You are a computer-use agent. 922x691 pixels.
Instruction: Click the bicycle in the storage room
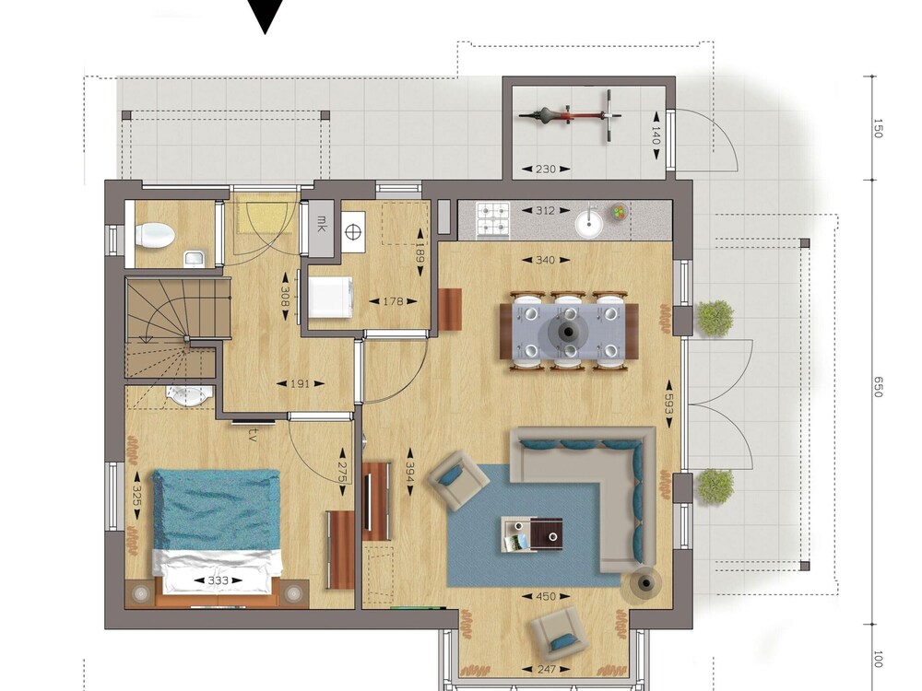pos(571,115)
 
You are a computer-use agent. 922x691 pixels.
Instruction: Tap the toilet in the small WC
pos(155,235)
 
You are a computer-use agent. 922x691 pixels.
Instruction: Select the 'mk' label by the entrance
pos(322,223)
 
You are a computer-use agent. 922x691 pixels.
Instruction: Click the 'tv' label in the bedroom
pos(254,434)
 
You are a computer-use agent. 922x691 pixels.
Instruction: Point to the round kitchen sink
pos(588,224)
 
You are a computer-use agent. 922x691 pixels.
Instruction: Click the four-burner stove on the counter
pos(492,220)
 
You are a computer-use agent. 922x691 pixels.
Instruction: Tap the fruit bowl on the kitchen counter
pos(620,212)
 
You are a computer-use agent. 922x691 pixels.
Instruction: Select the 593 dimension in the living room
pos(668,404)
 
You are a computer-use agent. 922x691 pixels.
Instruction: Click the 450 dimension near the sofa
pos(546,596)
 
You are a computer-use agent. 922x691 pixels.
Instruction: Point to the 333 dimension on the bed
pos(218,580)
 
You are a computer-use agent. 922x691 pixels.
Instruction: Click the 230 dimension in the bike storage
pos(546,169)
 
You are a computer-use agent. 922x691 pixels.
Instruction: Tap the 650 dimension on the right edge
pos(878,387)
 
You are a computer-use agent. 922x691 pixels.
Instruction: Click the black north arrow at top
pos(266,17)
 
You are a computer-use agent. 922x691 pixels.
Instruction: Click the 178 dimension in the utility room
pos(393,301)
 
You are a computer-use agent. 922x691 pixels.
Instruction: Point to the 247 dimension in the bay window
pos(546,669)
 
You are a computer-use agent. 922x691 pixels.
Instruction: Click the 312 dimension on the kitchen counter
pos(546,210)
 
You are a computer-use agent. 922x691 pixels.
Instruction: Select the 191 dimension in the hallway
pos(300,383)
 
